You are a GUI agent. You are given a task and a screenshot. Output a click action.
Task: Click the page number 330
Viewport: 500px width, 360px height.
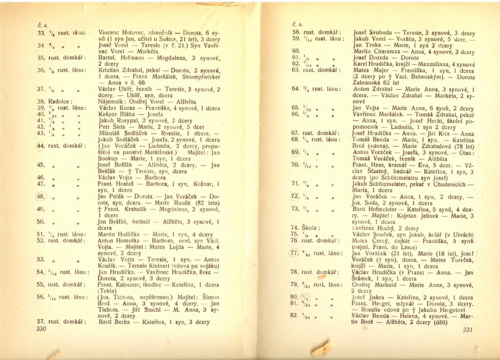pyautogui.click(x=41, y=329)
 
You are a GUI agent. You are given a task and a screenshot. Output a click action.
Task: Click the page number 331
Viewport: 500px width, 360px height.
pyautogui.click(x=468, y=330)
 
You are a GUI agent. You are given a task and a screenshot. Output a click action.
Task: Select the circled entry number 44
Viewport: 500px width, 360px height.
pyautogui.click(x=41, y=145)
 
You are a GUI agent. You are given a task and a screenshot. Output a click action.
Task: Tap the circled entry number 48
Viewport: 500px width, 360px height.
pyautogui.click(x=41, y=197)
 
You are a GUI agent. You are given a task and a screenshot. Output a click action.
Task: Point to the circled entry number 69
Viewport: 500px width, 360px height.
pyautogui.click(x=294, y=152)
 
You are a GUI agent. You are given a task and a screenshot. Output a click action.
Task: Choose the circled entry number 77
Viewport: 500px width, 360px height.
pyautogui.click(x=294, y=253)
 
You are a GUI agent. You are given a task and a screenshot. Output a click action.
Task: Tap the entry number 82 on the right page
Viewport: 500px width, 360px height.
pyautogui.click(x=294, y=316)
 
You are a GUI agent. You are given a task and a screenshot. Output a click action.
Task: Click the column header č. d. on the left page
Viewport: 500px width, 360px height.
pyautogui.click(x=42, y=24)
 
